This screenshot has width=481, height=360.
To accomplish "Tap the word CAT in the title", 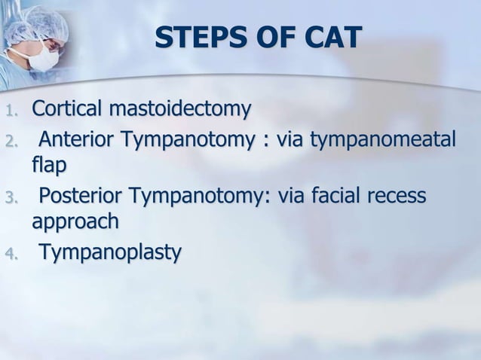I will [x=329, y=38].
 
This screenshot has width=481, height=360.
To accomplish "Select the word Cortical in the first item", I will [x=68, y=110].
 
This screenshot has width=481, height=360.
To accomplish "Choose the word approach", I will [x=75, y=222].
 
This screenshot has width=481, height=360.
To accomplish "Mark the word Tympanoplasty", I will [x=110, y=254].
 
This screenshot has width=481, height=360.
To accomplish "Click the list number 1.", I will [x=9, y=112].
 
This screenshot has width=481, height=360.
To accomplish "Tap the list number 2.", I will [x=9, y=142].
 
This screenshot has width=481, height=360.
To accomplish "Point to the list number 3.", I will [x=9, y=199].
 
